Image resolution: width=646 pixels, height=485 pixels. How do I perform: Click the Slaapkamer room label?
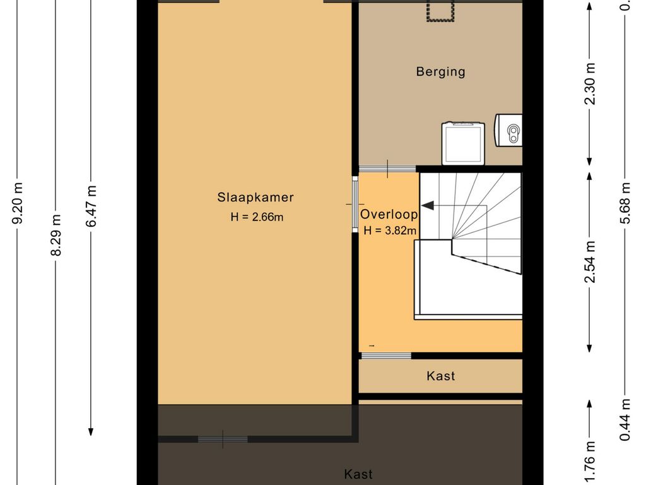tap(255, 197)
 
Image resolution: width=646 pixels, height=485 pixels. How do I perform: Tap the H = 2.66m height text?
tap(257, 217)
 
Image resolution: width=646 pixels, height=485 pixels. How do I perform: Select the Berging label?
tap(440, 72)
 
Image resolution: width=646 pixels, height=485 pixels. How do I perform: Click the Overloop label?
tap(389, 215)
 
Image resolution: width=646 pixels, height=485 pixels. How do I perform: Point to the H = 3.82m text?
tap(390, 230)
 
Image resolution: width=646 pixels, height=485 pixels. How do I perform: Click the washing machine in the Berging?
tap(462, 143)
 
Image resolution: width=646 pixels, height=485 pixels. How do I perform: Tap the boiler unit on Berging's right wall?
tap(508, 130)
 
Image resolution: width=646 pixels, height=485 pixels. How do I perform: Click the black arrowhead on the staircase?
tap(427, 205)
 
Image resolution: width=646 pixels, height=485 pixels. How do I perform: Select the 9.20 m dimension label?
tap(17, 203)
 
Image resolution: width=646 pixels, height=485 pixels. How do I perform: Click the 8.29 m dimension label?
tap(56, 235)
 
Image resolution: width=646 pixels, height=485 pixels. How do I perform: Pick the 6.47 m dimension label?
tap(91, 206)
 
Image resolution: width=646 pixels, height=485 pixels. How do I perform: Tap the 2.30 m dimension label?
tap(590, 84)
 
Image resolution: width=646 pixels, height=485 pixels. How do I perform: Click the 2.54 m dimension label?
tap(590, 262)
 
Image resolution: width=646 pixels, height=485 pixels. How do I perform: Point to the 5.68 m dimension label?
tap(625, 203)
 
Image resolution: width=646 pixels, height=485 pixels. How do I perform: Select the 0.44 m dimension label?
tap(625, 419)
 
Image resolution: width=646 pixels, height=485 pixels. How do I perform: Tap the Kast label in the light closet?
tap(441, 376)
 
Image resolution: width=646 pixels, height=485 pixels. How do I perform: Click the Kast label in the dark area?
tap(358, 474)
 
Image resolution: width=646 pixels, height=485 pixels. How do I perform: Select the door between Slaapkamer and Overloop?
tap(355, 204)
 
